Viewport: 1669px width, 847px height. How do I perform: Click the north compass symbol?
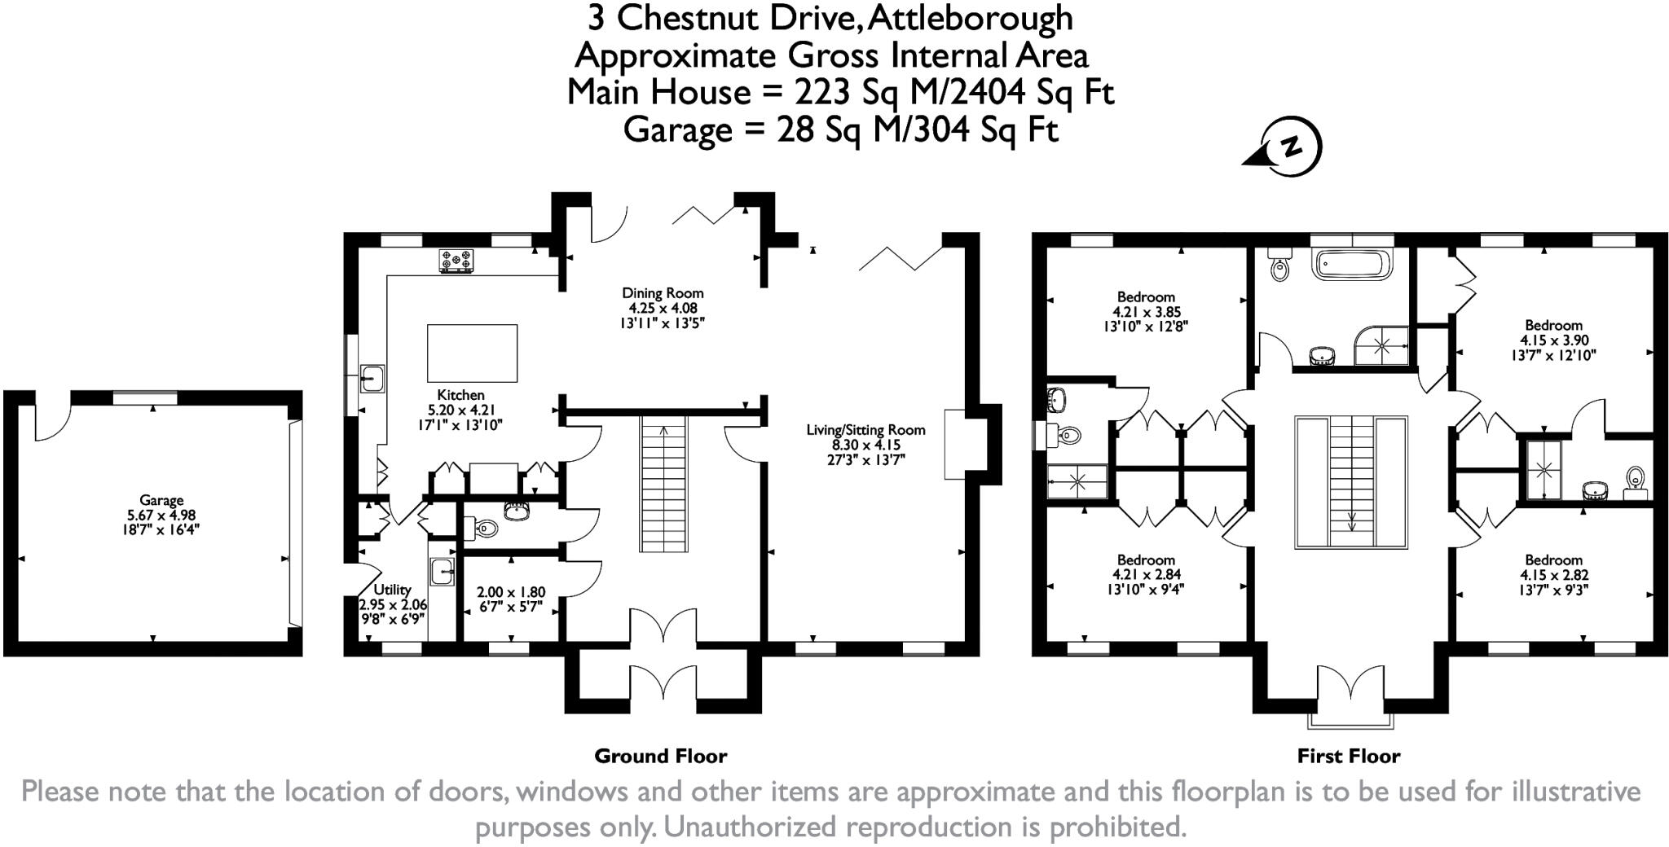[x=1290, y=148]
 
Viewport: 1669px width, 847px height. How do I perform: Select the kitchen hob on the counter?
[x=456, y=261]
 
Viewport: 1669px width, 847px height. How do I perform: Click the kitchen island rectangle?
[x=473, y=353]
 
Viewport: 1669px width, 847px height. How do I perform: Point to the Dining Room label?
[x=663, y=293]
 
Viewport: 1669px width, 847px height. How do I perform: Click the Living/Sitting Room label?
[x=865, y=430]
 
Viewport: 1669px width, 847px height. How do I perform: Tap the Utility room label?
[x=392, y=590]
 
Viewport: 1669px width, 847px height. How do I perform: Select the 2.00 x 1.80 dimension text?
[x=511, y=592]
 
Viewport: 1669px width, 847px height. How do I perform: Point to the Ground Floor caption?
[x=660, y=757]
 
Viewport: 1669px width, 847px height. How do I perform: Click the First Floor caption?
[x=1348, y=757]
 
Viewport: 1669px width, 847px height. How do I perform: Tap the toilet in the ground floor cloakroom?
[x=483, y=529]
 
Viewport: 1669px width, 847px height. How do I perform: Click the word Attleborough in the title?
[x=970, y=18]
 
